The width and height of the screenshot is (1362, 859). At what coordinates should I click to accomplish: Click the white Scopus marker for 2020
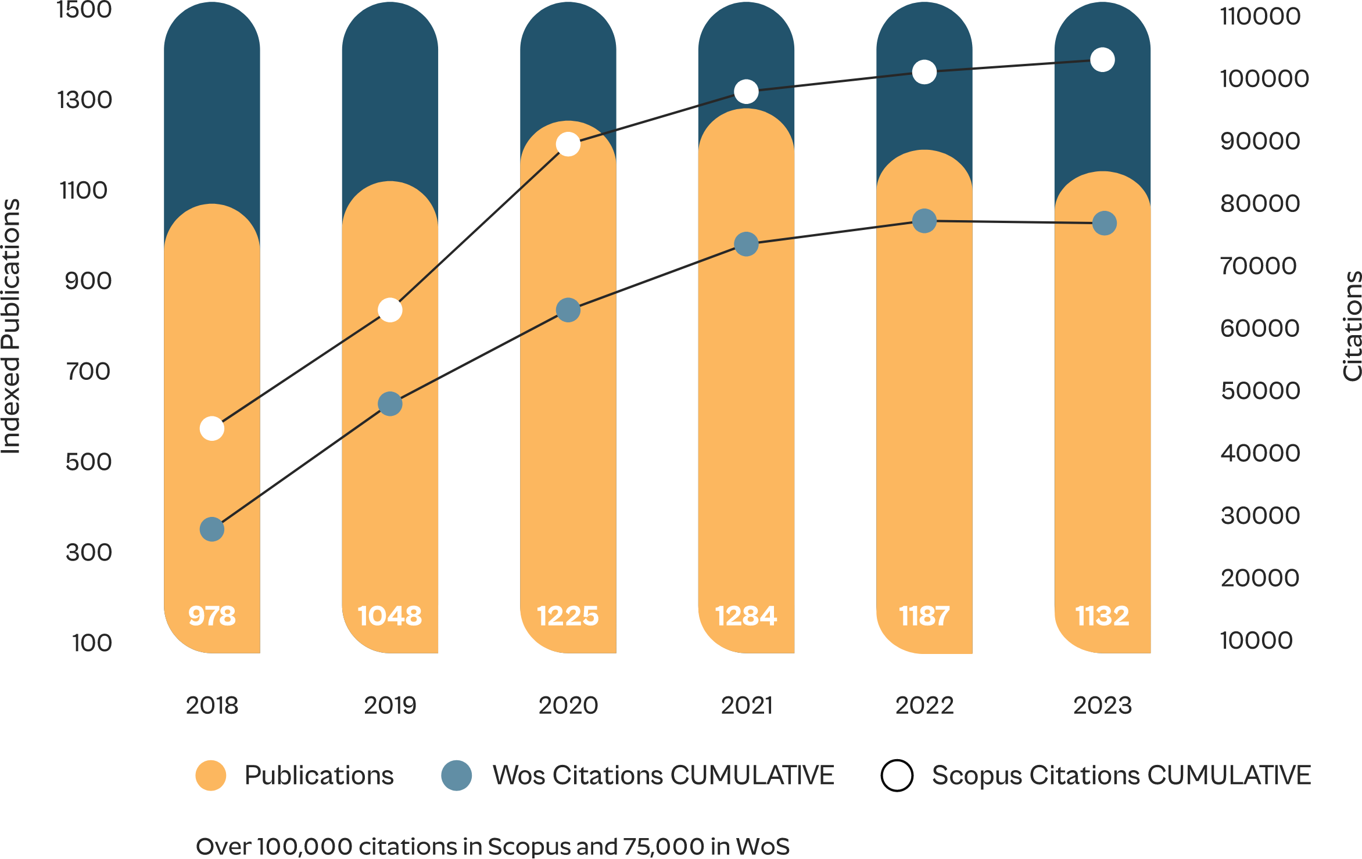tap(568, 144)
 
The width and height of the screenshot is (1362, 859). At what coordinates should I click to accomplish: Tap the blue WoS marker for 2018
tap(212, 529)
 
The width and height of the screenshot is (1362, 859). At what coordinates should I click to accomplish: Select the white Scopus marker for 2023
tap(1102, 60)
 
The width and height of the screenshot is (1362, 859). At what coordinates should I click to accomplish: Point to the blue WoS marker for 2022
tap(924, 221)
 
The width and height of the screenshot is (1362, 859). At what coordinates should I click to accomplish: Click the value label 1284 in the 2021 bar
tap(746, 616)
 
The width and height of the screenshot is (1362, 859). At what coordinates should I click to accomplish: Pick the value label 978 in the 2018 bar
tap(212, 616)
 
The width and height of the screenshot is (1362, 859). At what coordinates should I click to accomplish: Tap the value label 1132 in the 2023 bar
tap(1102, 616)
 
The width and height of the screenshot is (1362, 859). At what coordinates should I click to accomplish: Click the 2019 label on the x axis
tap(390, 706)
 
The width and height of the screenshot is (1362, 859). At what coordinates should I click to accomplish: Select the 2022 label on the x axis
tap(924, 706)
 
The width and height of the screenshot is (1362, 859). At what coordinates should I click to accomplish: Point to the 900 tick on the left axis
tap(88, 281)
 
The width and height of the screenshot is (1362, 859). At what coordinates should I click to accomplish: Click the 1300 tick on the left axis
tap(85, 100)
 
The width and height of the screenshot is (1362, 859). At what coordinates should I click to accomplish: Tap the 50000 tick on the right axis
tap(1260, 391)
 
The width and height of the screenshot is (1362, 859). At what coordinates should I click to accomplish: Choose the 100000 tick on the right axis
tap(1264, 78)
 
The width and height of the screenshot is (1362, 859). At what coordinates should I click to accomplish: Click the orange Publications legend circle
tap(211, 775)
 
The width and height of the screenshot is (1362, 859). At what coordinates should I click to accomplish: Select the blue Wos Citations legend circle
tap(457, 775)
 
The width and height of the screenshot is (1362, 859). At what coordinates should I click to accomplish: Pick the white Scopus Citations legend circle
tap(897, 775)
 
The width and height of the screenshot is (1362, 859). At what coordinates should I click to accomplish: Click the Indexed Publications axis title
tap(10, 326)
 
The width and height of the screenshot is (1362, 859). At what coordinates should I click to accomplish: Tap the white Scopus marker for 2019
tap(390, 310)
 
